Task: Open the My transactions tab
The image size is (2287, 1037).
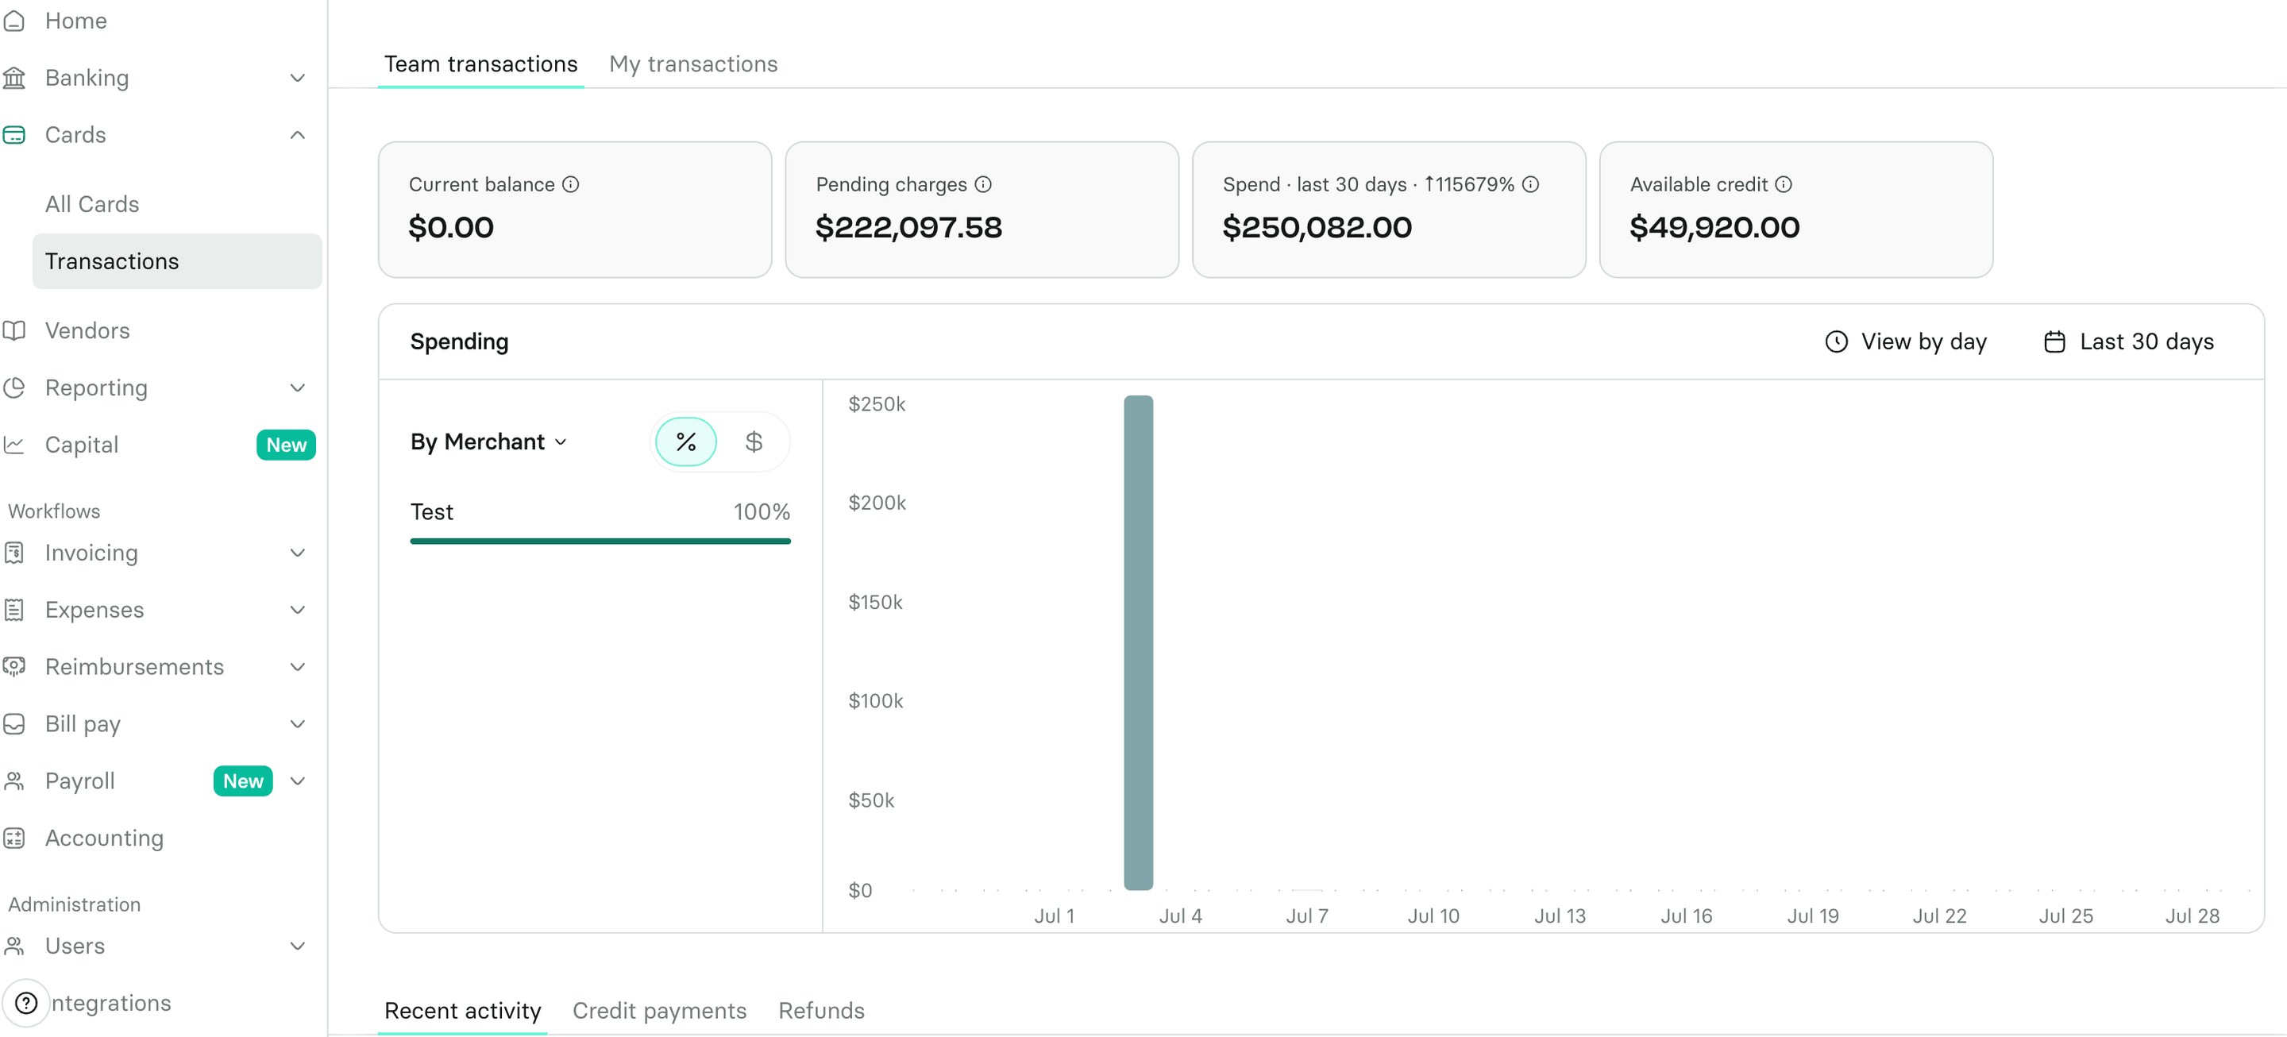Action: [x=692, y=64]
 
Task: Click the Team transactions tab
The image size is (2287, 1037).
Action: [x=480, y=64]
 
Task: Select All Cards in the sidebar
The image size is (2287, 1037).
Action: [x=92, y=204]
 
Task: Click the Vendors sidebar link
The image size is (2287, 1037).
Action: [x=87, y=330]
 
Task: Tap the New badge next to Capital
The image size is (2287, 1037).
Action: [x=286, y=445]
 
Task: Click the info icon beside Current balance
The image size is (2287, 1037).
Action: [x=571, y=185]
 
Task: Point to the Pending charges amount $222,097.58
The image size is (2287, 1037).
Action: [x=908, y=227]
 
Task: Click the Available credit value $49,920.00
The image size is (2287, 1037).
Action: [x=1714, y=227]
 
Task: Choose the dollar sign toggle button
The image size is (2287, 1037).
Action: [x=754, y=441]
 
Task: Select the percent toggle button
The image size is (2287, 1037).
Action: [x=685, y=441]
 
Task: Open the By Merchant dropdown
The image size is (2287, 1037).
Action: [x=488, y=441]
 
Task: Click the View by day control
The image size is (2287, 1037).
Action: [x=1906, y=341]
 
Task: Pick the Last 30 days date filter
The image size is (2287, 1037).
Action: [x=2129, y=341]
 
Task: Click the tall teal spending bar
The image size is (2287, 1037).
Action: [x=1138, y=643]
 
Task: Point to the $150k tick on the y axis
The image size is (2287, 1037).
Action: [x=875, y=602]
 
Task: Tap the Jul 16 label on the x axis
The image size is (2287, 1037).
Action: [x=1686, y=916]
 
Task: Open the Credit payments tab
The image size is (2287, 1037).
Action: [x=659, y=1010]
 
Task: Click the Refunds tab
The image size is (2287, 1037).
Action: [x=821, y=1010]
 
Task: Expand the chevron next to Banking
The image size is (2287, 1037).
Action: [x=299, y=78]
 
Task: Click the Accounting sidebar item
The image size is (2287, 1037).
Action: [x=104, y=838]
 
